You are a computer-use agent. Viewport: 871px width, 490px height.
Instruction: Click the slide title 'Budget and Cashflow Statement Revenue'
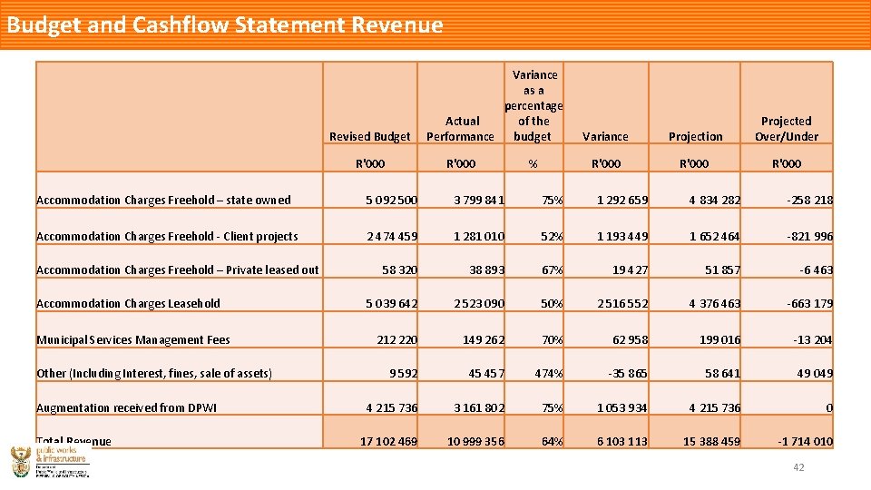coord(225,24)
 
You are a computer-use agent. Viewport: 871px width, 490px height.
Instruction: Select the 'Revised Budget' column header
coord(369,137)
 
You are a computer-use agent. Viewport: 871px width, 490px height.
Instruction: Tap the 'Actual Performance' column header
coord(461,129)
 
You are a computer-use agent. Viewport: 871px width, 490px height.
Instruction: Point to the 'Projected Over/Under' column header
coord(786,129)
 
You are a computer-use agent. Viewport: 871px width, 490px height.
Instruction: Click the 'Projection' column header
coord(695,137)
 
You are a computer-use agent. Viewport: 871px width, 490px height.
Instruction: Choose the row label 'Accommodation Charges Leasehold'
coord(128,304)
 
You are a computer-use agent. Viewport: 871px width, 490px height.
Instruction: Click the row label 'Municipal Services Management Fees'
coord(133,340)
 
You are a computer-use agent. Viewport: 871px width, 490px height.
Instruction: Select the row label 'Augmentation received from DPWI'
coord(126,408)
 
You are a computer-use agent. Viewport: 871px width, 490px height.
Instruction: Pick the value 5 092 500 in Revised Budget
coord(392,201)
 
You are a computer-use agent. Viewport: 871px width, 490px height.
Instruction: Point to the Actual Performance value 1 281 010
coord(480,237)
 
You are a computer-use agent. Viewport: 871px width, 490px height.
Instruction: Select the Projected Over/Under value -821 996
coord(809,237)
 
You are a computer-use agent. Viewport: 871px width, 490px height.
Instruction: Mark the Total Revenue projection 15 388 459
coord(710,442)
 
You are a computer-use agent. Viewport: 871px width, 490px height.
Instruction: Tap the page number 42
coord(798,467)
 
